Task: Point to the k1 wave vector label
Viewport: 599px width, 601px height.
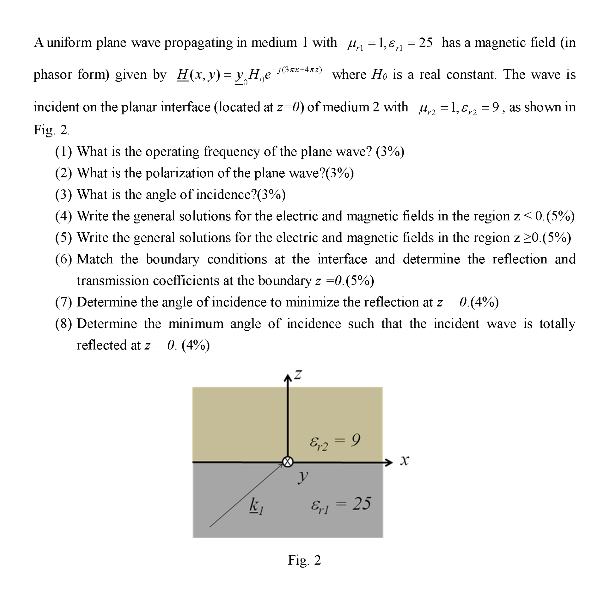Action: (256, 506)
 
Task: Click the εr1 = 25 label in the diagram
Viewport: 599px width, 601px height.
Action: (341, 504)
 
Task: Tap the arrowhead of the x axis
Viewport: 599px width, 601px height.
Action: (389, 462)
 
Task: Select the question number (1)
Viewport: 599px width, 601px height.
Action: (63, 152)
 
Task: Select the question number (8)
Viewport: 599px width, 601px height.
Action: (63, 324)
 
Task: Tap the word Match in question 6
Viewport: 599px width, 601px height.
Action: (95, 259)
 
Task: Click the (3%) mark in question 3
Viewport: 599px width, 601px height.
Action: (271, 195)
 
